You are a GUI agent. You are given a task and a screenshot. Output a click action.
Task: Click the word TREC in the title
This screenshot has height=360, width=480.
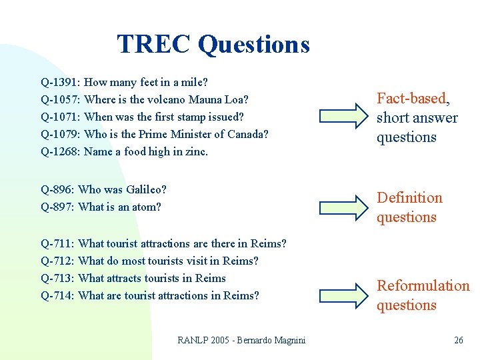[154, 45]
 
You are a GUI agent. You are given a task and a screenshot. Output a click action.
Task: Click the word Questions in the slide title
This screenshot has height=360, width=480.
[254, 45]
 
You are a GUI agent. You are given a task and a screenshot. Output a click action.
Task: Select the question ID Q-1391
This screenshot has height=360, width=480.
[61, 83]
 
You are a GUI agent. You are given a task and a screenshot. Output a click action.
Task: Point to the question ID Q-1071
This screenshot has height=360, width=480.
[61, 117]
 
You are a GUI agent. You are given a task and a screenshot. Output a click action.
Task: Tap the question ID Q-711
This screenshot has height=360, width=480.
[59, 244]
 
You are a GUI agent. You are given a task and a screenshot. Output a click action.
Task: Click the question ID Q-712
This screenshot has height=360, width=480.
[59, 261]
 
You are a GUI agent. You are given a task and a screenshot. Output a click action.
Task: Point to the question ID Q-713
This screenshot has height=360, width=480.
[59, 279]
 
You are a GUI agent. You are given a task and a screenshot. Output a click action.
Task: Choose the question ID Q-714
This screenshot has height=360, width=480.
[59, 296]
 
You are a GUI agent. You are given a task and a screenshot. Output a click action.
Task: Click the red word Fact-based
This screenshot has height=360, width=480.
[411, 99]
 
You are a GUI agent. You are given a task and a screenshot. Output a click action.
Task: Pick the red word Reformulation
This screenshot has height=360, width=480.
[423, 286]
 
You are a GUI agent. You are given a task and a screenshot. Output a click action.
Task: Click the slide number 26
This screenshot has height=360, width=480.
[458, 341]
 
